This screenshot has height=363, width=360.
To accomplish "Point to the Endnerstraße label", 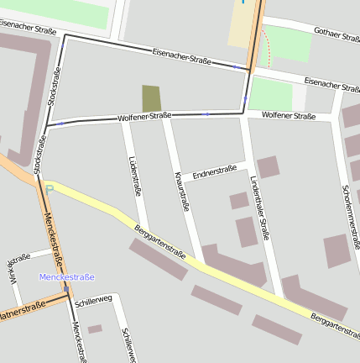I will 214,172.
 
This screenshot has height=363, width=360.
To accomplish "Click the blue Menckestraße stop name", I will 66,276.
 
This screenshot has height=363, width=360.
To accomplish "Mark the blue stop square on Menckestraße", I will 65,288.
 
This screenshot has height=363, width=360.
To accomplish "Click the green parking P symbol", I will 50,188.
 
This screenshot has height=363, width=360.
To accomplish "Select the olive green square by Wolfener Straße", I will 151,98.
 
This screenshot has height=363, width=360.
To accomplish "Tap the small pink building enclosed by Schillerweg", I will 95,329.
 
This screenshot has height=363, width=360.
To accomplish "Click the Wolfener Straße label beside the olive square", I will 144,116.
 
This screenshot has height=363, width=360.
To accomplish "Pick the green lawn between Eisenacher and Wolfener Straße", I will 271,94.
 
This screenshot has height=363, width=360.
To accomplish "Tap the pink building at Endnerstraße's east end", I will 268,166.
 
